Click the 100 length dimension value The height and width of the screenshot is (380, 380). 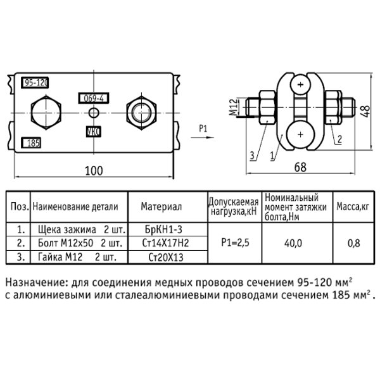94,170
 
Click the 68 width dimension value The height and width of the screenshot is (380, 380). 300,167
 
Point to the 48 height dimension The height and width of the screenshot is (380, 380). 366,111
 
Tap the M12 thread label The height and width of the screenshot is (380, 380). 233,107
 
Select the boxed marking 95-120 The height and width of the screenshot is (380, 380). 35,83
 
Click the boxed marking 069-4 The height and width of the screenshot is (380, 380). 94,98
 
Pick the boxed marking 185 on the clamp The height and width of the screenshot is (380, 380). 31,142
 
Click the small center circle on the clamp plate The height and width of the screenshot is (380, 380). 94,113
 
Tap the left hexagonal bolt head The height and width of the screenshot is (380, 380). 46,113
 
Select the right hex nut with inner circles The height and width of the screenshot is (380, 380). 141,113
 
